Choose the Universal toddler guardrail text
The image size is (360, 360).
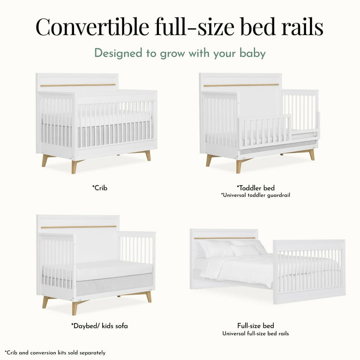tap(256, 195)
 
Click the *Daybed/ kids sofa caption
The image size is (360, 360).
tap(99, 325)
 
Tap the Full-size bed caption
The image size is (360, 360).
tap(255, 325)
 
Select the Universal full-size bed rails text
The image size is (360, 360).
tap(255, 333)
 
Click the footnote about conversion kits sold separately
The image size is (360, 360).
tap(55, 352)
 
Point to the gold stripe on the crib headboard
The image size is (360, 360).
tap(78, 85)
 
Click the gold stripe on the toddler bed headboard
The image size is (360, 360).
tap(241, 85)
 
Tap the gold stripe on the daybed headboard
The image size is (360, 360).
tap(78, 227)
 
